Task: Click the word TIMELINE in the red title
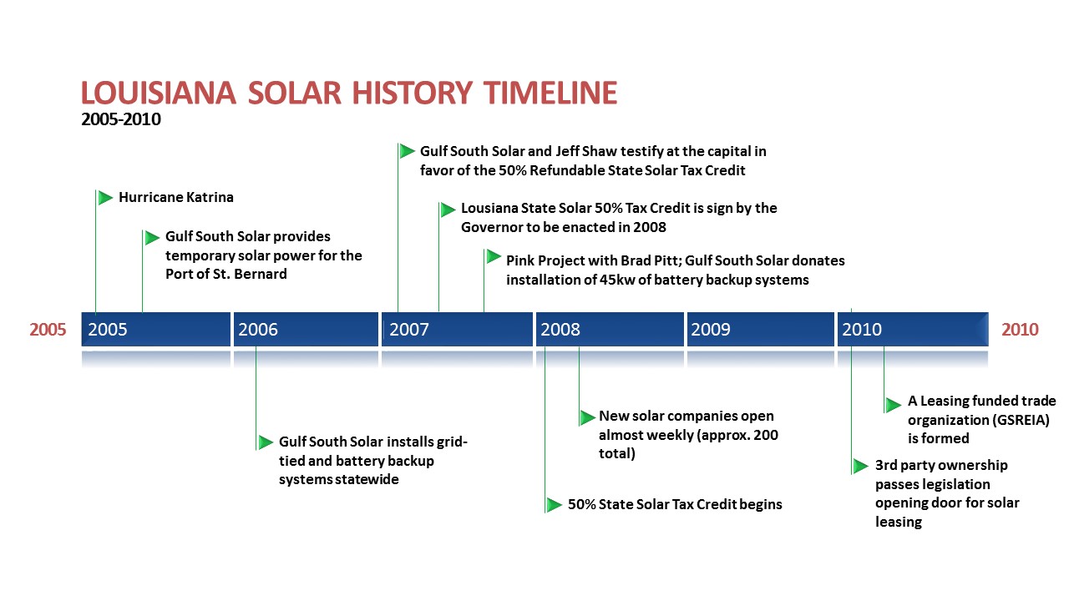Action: (550, 93)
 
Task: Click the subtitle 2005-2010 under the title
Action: (121, 119)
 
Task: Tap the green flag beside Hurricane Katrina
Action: (105, 198)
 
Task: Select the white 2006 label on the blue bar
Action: (258, 330)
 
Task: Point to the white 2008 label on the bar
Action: (560, 330)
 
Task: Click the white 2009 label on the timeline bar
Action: (711, 330)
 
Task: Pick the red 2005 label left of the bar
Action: (48, 330)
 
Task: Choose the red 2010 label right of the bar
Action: (1020, 330)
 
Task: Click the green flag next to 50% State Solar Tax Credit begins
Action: (554, 505)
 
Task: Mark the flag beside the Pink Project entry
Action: (494, 256)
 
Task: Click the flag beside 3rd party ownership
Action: (860, 466)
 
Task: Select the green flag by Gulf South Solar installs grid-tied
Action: (266, 442)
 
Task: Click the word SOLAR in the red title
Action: (295, 93)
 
